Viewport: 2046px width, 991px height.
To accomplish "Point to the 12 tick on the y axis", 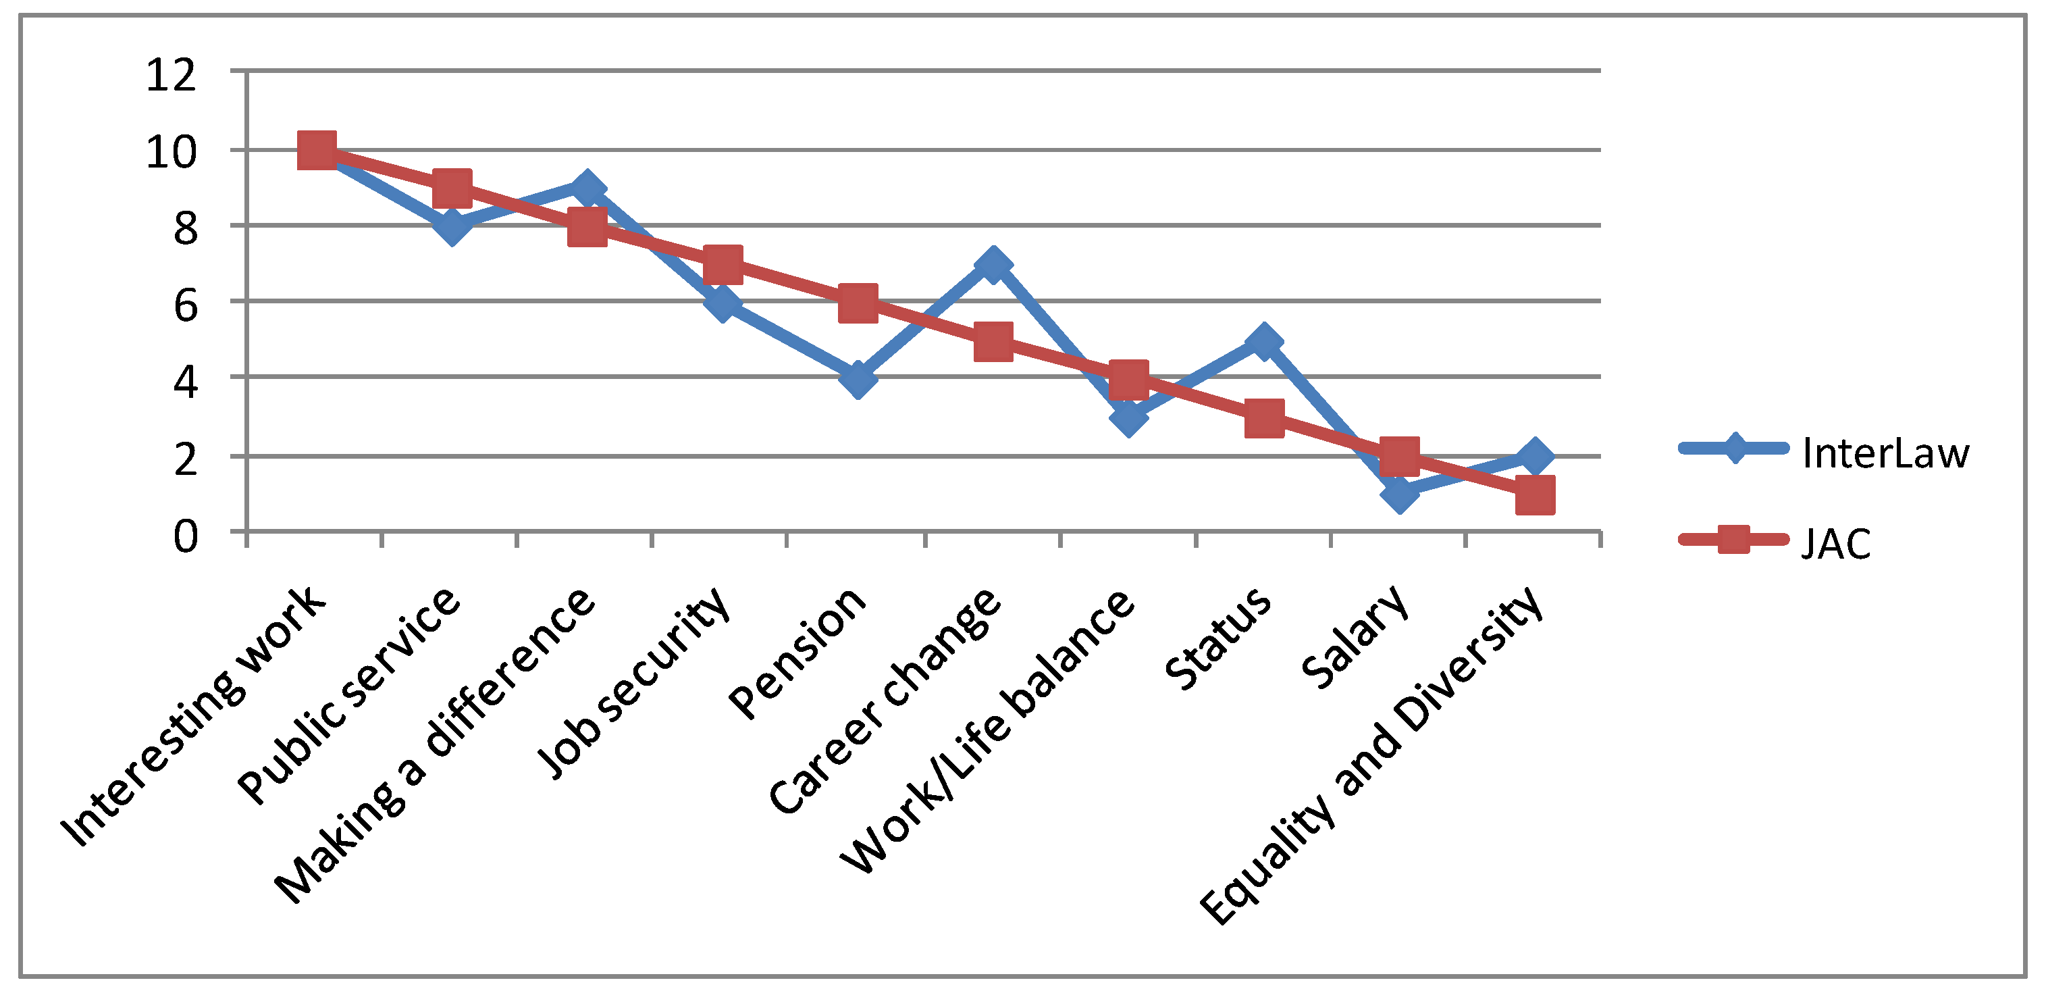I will click(171, 76).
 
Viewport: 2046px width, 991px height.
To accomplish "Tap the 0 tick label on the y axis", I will click(185, 536).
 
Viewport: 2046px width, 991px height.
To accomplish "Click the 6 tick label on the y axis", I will click(185, 306).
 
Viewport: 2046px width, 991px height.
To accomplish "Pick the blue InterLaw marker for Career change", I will click(993, 264).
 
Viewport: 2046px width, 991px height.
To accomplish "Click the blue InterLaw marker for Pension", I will click(858, 378).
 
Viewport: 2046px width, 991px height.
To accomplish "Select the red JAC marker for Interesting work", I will click(317, 150).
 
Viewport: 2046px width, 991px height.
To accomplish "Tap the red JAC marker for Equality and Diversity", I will click(1534, 495).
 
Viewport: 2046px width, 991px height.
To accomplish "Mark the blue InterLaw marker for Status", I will click(1263, 342).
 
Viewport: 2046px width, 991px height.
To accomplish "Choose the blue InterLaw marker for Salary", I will click(1400, 494).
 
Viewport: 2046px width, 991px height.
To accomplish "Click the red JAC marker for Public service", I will click(452, 188).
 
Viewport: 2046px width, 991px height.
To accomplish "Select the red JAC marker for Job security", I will click(723, 265).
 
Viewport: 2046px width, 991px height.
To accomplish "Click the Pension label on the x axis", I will click(798, 653).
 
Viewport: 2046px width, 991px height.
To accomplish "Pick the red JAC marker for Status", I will click(1263, 417).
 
